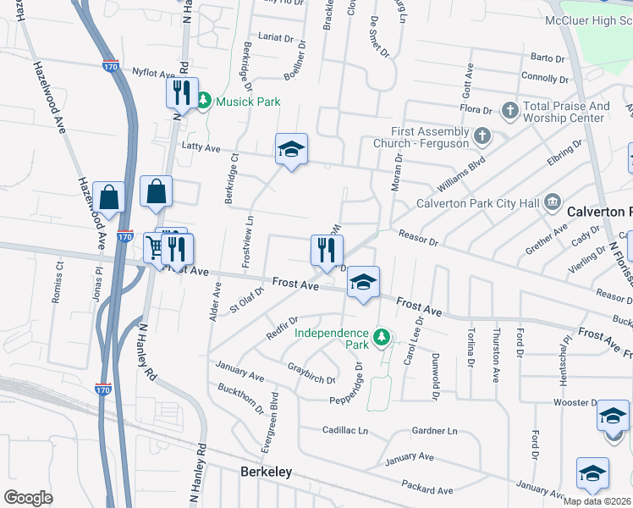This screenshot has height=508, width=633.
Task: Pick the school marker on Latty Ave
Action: click(x=291, y=149)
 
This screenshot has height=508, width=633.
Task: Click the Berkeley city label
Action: click(x=267, y=472)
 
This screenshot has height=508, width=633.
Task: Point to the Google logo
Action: click(x=28, y=498)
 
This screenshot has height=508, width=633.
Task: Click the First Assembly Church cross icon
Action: click(x=482, y=135)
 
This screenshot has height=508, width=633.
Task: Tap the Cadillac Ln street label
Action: click(x=345, y=431)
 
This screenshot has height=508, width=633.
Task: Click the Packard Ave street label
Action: click(x=429, y=489)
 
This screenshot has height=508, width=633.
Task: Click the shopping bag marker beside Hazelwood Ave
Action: click(x=109, y=196)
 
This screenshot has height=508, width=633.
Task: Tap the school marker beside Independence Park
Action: click(x=363, y=283)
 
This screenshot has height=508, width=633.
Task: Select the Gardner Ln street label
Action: click(x=434, y=431)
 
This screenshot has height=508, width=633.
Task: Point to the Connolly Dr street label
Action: click(x=542, y=77)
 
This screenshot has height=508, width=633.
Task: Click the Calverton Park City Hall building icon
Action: click(x=553, y=202)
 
